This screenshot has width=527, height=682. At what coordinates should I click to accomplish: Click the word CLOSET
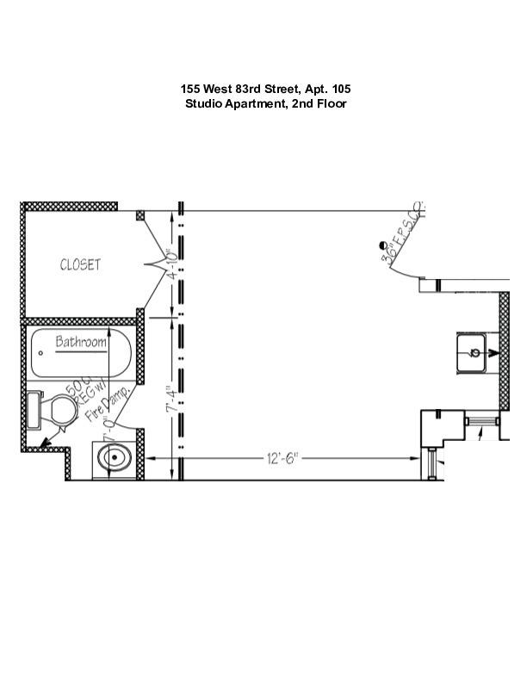[80, 264]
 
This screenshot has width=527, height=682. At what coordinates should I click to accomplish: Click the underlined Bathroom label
[82, 343]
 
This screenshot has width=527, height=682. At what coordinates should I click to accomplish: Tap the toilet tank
[34, 409]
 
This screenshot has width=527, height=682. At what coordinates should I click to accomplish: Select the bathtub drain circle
[40, 352]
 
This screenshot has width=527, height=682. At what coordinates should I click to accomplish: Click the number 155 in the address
[190, 89]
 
